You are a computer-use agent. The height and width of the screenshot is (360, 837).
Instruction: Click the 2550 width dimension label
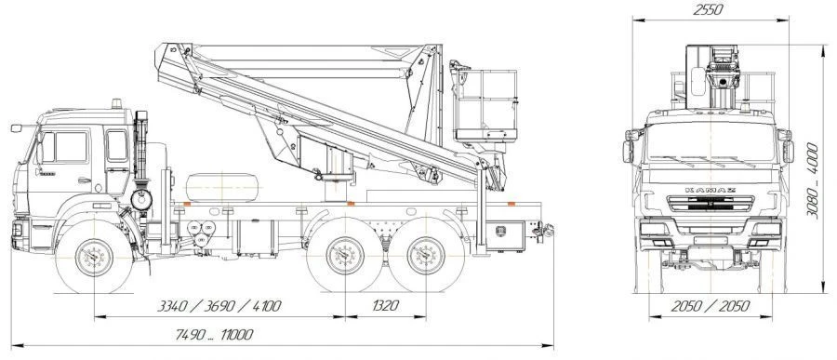(x=708, y=9)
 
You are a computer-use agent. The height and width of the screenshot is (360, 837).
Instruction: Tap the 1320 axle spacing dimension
(x=385, y=306)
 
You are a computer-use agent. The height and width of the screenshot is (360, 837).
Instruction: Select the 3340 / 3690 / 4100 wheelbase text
(x=219, y=306)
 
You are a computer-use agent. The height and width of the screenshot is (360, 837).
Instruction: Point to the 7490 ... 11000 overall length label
(x=215, y=335)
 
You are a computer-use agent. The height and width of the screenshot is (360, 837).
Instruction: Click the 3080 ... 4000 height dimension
(x=813, y=180)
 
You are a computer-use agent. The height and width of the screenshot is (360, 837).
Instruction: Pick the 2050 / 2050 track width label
(x=711, y=306)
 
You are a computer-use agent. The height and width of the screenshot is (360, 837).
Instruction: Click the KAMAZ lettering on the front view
(x=711, y=190)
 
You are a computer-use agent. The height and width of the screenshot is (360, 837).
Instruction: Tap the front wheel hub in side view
(x=94, y=258)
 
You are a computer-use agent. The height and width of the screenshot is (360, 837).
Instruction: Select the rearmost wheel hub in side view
(x=426, y=255)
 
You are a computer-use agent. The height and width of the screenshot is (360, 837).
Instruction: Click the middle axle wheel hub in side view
(x=345, y=255)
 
